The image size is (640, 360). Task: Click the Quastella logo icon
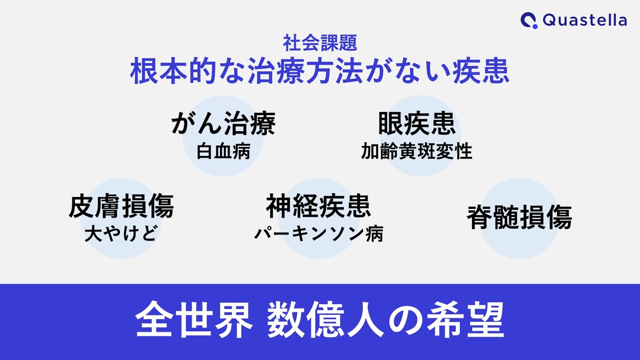click(529, 20)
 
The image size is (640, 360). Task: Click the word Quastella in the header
click(585, 20)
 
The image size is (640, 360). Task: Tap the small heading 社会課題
click(320, 43)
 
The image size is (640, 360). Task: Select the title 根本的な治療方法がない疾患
click(320, 70)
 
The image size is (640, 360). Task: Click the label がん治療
click(223, 123)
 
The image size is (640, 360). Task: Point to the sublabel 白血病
click(223, 151)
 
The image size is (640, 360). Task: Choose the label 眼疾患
click(417, 123)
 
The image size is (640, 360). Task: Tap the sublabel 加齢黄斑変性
click(416, 151)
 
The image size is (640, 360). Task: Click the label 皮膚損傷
click(121, 206)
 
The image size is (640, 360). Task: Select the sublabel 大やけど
click(121, 234)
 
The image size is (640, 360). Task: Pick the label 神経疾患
click(318, 206)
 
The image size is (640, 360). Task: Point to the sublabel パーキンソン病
click(318, 234)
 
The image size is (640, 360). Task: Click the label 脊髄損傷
click(520, 217)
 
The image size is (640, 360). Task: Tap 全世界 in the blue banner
click(194, 319)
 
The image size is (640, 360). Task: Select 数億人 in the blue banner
click(326, 319)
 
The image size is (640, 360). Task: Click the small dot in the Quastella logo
click(535, 26)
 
